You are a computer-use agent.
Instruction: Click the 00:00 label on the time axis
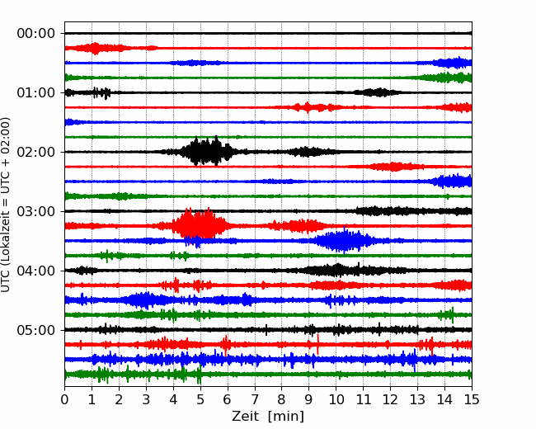click(x=36, y=34)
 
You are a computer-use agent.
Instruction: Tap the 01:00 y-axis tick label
click(x=36, y=92)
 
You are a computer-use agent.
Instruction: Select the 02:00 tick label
click(x=36, y=152)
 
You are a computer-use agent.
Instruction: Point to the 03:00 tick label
click(x=36, y=211)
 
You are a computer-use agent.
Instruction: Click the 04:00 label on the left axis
click(x=36, y=271)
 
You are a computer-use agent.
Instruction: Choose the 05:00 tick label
click(x=36, y=330)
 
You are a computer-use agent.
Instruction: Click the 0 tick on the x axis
click(x=64, y=399)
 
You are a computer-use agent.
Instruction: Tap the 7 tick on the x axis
click(x=255, y=399)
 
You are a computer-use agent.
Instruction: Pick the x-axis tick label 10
click(x=336, y=399)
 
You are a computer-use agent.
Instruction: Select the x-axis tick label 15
click(x=472, y=399)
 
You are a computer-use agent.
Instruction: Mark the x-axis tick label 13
click(x=417, y=399)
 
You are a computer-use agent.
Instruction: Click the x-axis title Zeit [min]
click(x=268, y=417)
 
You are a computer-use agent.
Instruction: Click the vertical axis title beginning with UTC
click(x=5, y=205)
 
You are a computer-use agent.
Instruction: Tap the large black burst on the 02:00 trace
click(x=205, y=151)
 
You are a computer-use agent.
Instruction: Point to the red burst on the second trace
click(x=96, y=48)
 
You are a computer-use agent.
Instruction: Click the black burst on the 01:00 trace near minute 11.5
click(x=378, y=92)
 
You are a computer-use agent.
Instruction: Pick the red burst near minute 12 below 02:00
click(x=393, y=167)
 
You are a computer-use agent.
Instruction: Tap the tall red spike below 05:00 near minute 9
click(x=318, y=345)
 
